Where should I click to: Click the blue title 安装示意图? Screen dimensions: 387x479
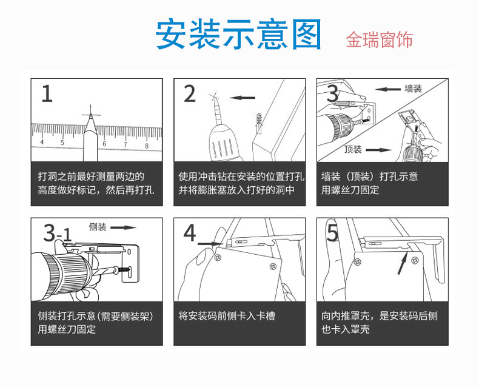239,35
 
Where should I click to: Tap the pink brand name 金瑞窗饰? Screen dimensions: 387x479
380,40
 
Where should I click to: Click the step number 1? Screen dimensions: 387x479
47,94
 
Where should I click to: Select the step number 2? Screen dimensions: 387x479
190,94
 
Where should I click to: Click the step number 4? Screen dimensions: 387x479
190,233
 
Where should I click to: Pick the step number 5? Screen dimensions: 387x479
332,233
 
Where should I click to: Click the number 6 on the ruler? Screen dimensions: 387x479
104,144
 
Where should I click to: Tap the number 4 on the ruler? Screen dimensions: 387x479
41,143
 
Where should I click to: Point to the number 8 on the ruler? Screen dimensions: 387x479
146,144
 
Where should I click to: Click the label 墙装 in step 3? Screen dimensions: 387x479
413,89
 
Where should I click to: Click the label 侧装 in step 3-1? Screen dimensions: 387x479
98,227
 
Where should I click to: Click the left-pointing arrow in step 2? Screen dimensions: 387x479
243,97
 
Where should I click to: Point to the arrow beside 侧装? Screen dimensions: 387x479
123,227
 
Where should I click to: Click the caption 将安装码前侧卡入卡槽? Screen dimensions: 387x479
226,316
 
